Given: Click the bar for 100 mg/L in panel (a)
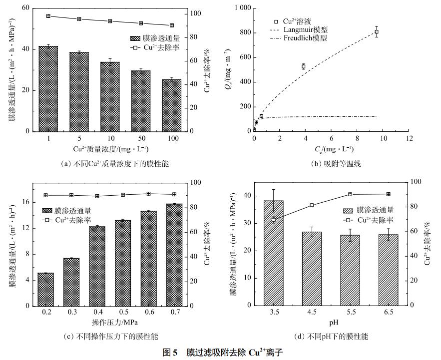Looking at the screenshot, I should [x=171, y=105].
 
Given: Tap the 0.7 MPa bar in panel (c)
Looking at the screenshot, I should [x=171, y=255].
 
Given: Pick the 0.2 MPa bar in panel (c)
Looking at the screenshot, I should [x=46, y=289].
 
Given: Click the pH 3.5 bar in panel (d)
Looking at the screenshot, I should [x=273, y=253].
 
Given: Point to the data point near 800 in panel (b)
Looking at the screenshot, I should [x=377, y=32].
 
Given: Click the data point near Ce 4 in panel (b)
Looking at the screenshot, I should [x=303, y=66].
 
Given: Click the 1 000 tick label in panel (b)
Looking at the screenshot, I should [x=241, y=8].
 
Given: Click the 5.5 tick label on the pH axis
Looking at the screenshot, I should [x=350, y=312].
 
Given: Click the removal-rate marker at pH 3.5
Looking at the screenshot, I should [x=273, y=220].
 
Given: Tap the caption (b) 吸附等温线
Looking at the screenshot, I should [x=336, y=163].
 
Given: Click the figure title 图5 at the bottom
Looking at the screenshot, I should [x=170, y=352].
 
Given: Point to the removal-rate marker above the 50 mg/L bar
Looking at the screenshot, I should [x=141, y=23].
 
